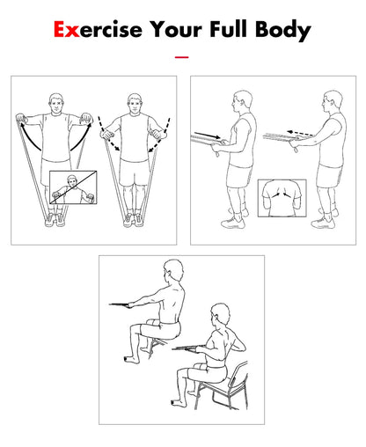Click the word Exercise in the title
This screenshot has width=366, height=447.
pyautogui.click(x=98, y=30)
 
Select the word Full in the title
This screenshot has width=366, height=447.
pyautogui.click(x=228, y=29)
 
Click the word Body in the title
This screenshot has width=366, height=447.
pyautogui.click(x=283, y=31)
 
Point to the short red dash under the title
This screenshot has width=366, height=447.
pyautogui.click(x=181, y=57)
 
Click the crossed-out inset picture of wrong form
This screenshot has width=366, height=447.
pyautogui.click(x=73, y=187)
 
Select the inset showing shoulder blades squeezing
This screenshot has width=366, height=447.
pyautogui.click(x=282, y=198)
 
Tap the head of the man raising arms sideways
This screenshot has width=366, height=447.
pyautogui.click(x=56, y=103)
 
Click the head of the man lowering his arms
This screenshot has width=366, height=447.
pyautogui.click(x=135, y=103)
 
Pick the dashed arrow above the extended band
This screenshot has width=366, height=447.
pyautogui.click(x=300, y=134)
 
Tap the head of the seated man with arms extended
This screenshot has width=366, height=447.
pyautogui.click(x=173, y=271)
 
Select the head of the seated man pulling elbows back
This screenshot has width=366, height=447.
pyautogui.click(x=220, y=315)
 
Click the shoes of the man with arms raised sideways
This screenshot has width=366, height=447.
pyautogui.click(x=55, y=219)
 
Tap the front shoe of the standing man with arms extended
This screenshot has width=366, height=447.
pyautogui.click(x=323, y=223)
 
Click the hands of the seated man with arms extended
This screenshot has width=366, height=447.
pyautogui.click(x=130, y=305)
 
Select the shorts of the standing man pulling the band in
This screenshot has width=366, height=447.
pyautogui.click(x=239, y=175)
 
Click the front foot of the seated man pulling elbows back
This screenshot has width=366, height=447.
pyautogui.click(x=178, y=403)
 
